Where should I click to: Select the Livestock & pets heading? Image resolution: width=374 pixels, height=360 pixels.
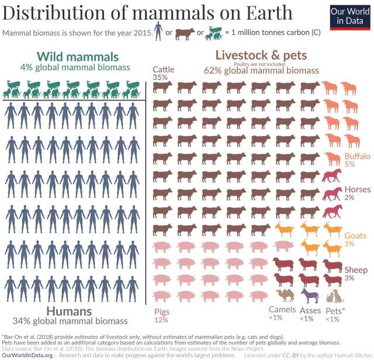coord(261,55)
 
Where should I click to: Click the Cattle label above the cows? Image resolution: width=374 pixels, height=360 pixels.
coord(163,70)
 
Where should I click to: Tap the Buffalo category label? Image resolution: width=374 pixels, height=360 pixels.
coord(357,157)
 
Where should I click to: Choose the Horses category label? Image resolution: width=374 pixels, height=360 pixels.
coord(357,189)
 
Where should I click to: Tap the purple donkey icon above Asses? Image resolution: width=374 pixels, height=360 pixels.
coord(309,295)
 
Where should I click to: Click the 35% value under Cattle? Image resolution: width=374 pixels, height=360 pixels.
coord(160,77)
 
